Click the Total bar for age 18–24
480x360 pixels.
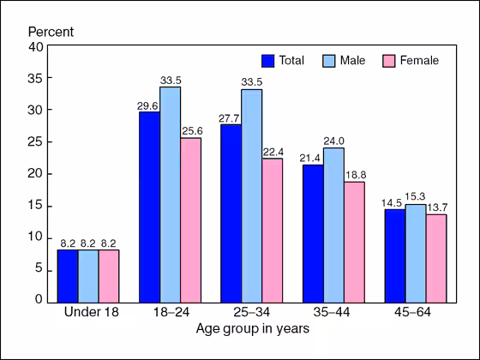click(149, 207)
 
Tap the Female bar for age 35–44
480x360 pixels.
click(354, 241)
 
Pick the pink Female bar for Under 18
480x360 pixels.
click(109, 275)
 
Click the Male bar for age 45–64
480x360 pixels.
click(416, 252)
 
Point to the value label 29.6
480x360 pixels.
click(149, 105)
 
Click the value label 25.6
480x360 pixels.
click(190, 130)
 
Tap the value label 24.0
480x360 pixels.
click(333, 141)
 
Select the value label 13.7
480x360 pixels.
click(436, 207)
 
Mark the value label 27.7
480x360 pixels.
click(231, 117)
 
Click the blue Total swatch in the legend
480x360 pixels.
click(268, 61)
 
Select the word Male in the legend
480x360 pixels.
click(353, 61)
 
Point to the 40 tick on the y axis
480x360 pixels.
click(37, 47)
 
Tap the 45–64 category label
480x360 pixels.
click(416, 312)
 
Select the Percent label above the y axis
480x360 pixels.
click(51, 32)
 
